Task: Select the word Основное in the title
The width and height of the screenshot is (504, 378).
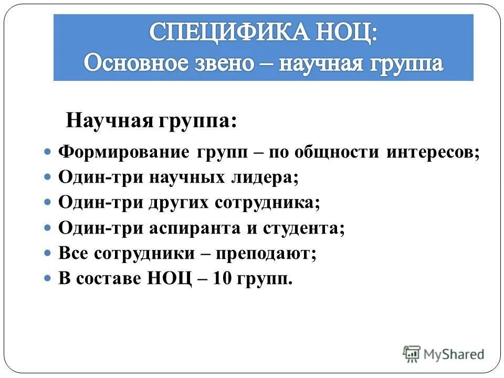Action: [135, 64]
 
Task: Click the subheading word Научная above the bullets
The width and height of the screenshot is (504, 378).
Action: [108, 122]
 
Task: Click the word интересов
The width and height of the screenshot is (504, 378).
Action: [433, 153]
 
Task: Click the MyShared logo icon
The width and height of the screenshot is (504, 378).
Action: [412, 353]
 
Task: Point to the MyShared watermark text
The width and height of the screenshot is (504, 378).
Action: [454, 354]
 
